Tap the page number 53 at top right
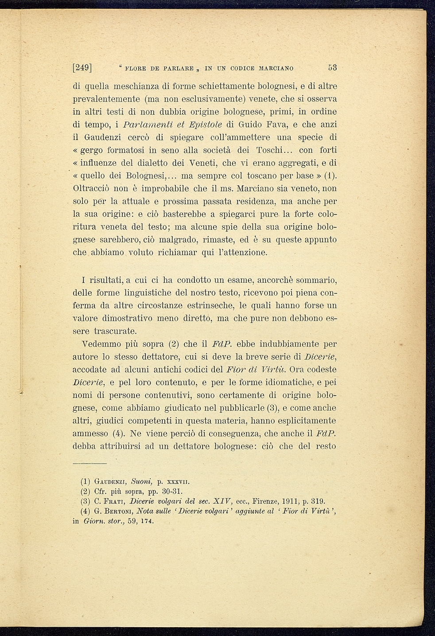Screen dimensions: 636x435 pyautogui.click(x=332, y=68)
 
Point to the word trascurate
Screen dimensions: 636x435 pyautogui.click(x=116, y=331)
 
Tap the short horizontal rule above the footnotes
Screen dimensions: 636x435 pyautogui.click(x=90, y=463)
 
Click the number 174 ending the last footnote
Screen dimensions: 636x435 pyautogui.click(x=147, y=521)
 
